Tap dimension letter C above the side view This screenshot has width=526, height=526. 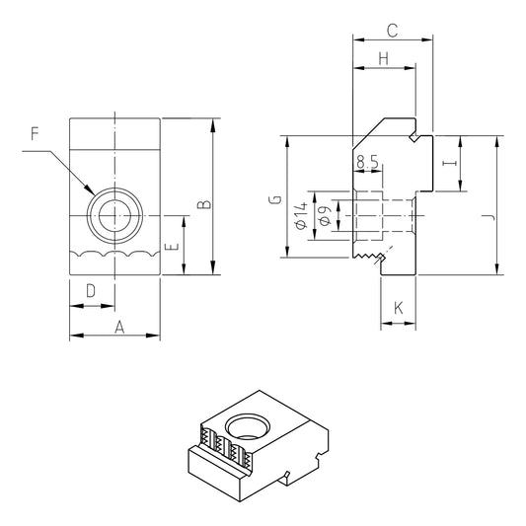pos(392,29)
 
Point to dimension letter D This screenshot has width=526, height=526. pos(90,290)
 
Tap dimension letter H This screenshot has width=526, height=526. pos(383,59)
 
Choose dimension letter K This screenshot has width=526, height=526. pos(399,309)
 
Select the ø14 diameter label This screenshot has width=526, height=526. pos(300,215)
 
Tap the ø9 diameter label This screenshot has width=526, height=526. pos(323,215)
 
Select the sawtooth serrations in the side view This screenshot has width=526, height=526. pos(369,259)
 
